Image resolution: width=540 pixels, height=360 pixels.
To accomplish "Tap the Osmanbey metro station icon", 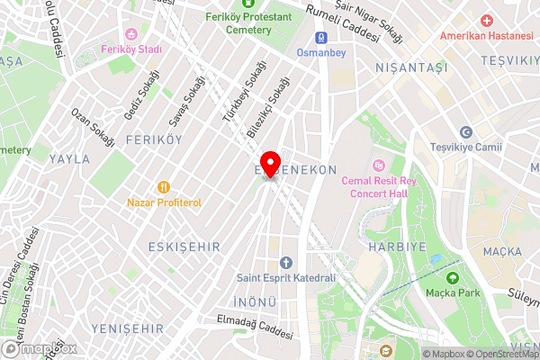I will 319,38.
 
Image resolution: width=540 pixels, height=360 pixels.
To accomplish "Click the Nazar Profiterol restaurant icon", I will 163,187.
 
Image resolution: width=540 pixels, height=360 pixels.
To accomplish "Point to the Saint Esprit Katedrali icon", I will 286,262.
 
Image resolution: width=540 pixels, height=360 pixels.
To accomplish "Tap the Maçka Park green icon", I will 453,277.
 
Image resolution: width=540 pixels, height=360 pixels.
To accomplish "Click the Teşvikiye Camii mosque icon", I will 465,131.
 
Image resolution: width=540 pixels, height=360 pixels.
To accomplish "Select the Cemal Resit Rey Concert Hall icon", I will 378,166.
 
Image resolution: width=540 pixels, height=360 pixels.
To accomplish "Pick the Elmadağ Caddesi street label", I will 256,327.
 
